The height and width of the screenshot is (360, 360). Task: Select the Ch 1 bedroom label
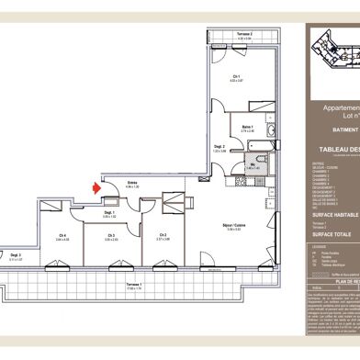(x=236, y=76)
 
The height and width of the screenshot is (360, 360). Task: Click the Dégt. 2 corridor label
(x=195, y=145)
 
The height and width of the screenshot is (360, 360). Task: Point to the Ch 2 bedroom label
(x=163, y=235)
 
